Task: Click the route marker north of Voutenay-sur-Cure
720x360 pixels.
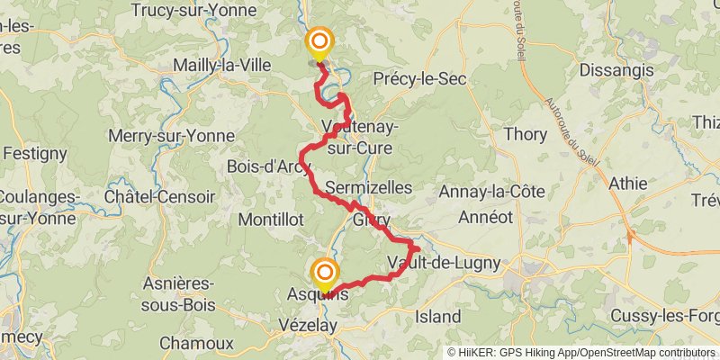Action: click(x=319, y=42)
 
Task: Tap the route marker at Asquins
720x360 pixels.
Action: click(x=324, y=273)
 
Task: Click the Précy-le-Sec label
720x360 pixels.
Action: click(x=419, y=79)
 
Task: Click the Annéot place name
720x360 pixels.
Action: click(x=485, y=217)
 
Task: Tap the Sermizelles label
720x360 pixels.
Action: click(x=369, y=188)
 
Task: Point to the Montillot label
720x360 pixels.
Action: click(x=271, y=219)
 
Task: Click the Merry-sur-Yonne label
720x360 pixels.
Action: click(x=171, y=136)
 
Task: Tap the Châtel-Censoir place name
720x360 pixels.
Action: click(x=160, y=196)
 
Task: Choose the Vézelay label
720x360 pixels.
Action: click(x=309, y=323)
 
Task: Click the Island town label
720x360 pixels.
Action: click(x=438, y=317)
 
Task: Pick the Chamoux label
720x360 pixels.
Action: click(x=196, y=343)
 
